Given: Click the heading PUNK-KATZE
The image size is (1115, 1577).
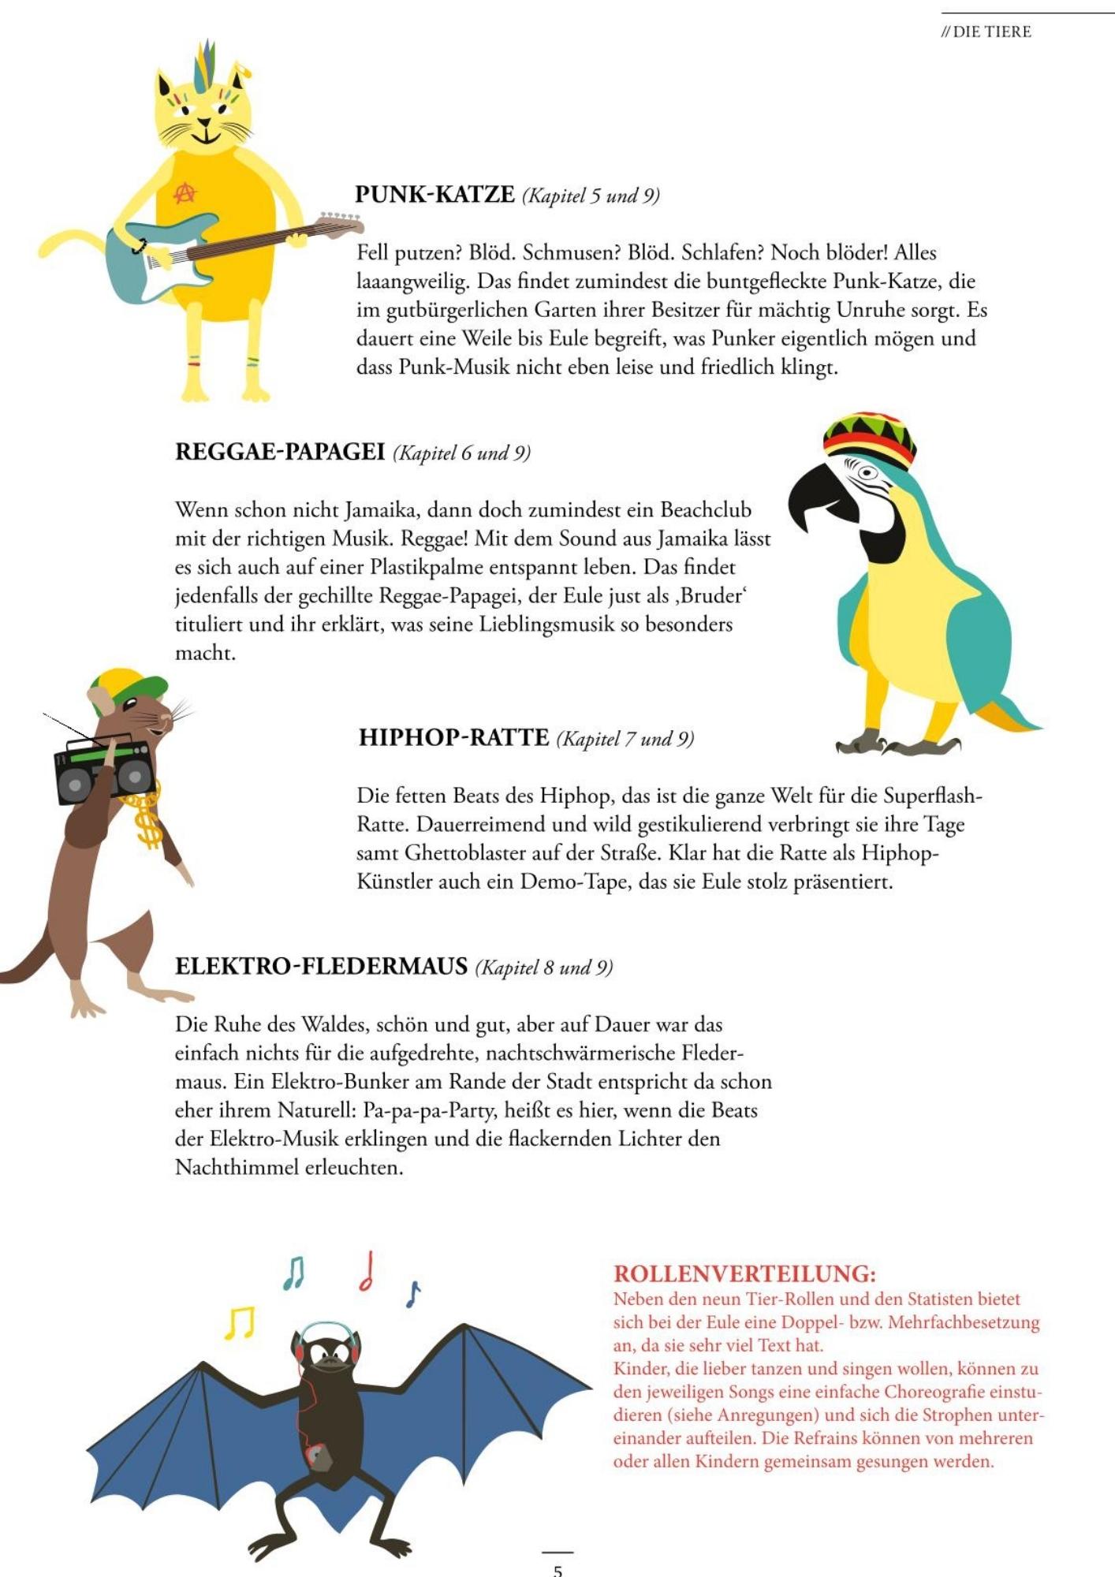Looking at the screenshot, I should (x=434, y=194).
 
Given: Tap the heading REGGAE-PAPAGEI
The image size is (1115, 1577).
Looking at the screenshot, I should (x=279, y=452).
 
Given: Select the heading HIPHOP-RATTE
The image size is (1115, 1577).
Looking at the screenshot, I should (x=453, y=737).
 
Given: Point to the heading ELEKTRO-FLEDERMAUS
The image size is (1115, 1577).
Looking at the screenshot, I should (x=321, y=966).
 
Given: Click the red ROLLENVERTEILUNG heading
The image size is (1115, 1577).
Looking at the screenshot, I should (x=744, y=1273).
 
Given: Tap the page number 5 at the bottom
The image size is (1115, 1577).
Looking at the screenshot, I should (x=557, y=1570).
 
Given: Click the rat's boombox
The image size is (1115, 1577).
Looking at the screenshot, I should (x=103, y=768).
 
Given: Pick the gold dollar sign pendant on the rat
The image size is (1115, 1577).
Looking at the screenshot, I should (x=147, y=824).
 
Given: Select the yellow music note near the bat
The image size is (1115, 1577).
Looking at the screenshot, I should (x=239, y=1322).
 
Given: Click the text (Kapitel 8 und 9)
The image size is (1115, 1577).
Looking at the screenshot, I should (x=544, y=967).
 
